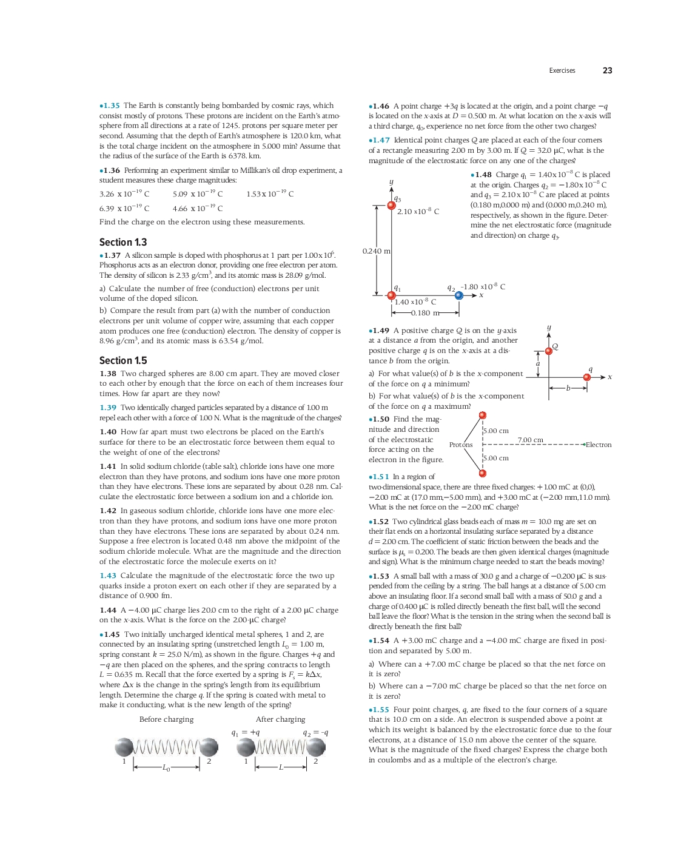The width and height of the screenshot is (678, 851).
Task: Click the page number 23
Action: pos(607,71)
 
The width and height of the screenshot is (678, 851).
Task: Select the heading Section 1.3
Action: pos(123,242)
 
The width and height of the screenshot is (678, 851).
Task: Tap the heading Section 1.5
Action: pos(123,360)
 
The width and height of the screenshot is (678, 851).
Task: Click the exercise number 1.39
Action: pos(108,408)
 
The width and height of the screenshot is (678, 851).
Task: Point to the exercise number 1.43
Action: pos(108,576)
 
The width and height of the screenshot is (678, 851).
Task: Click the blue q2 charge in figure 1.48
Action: pos(459,295)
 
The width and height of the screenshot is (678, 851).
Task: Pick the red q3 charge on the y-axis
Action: pos(392,206)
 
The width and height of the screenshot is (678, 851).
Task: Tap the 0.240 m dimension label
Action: pos(376,251)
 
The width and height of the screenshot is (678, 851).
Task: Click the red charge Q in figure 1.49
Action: pos(549,351)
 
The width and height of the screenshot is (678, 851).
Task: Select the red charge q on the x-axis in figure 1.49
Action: pos(587,377)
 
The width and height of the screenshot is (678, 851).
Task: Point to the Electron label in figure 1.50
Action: pos(598,445)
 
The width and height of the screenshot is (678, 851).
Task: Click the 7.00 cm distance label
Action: pos(531,440)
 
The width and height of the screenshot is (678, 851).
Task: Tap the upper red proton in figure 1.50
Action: pos(483,415)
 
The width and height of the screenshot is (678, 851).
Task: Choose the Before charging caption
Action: pos(166,719)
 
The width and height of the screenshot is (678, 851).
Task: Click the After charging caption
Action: pos(280,719)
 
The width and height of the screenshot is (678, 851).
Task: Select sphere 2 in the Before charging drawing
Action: pos(209,747)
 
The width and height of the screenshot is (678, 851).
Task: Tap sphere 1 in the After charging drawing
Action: pos(246,747)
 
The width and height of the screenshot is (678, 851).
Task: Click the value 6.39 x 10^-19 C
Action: pos(124,208)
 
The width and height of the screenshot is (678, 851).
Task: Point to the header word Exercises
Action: pos(562,71)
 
